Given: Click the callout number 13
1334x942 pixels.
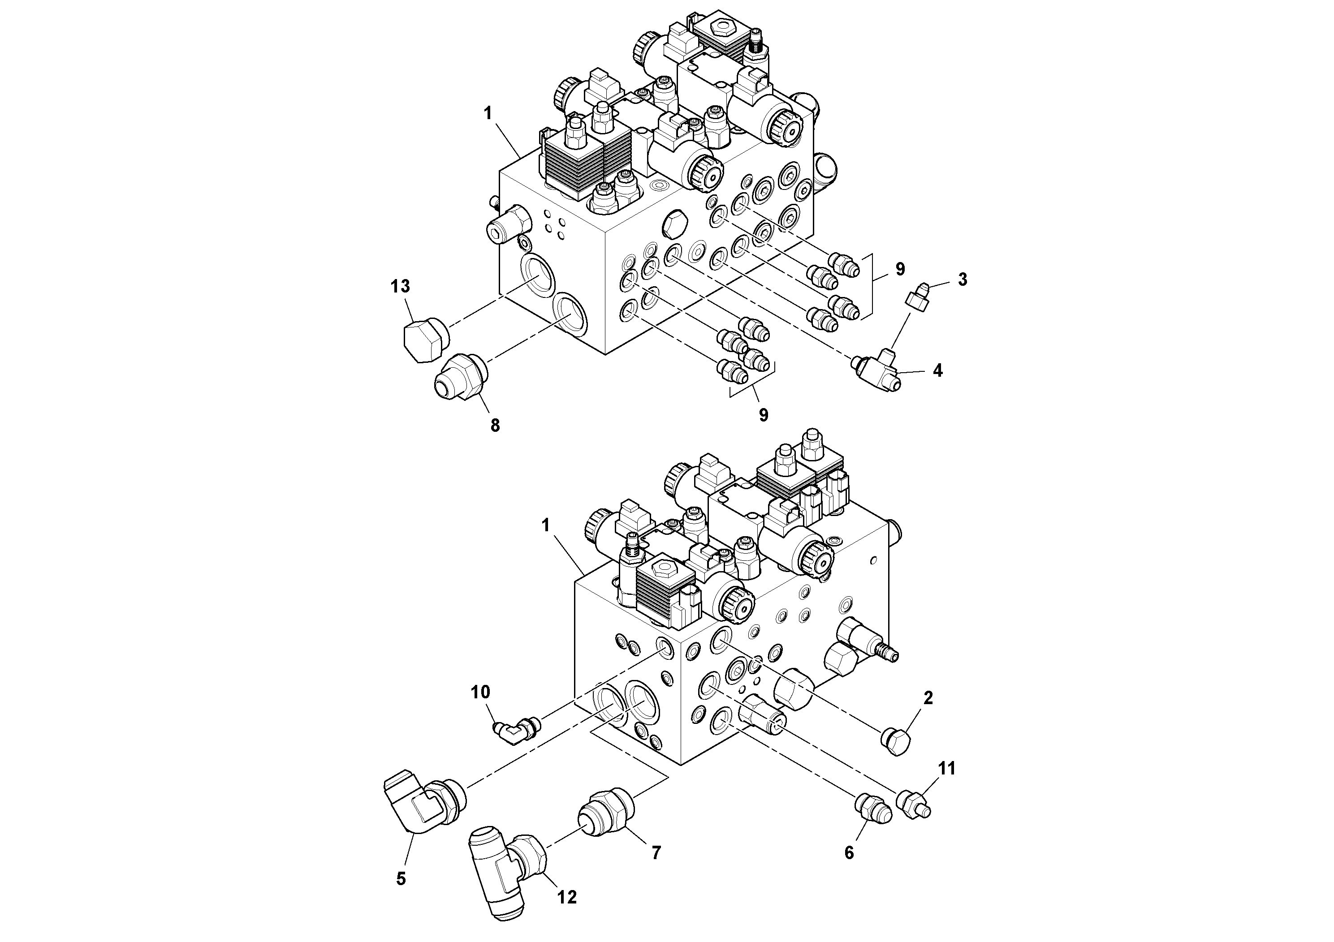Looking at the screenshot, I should tap(400, 286).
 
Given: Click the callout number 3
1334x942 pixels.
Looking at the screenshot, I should tap(962, 280).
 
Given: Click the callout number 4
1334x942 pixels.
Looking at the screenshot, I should tap(937, 370).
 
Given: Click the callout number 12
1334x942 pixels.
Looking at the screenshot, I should tap(567, 898).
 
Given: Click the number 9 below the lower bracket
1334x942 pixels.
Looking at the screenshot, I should tap(764, 415).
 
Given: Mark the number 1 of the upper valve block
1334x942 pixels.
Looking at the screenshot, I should tap(488, 113).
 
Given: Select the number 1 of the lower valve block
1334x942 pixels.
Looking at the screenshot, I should tap(545, 525).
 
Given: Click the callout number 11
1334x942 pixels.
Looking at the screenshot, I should tap(946, 768).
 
